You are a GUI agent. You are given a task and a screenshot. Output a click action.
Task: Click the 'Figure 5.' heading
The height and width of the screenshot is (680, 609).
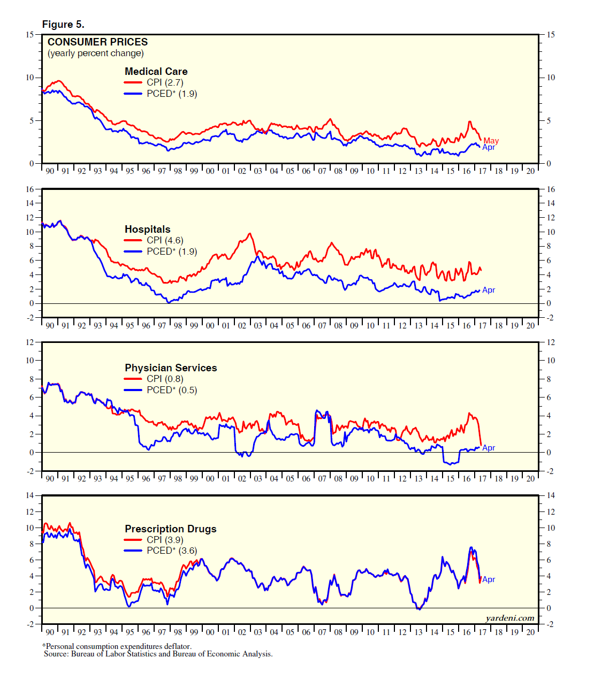[63, 25]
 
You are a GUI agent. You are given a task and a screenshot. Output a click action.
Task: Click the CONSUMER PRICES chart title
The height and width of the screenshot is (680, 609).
[97, 42]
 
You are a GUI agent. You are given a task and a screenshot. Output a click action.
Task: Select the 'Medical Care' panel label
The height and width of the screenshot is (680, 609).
[156, 71]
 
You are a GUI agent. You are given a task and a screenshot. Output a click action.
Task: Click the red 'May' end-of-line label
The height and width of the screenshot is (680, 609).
[491, 141]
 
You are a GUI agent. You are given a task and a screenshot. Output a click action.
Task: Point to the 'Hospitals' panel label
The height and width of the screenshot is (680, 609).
[147, 229]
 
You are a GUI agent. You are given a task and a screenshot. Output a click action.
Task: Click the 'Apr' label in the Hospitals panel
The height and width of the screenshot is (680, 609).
[489, 290]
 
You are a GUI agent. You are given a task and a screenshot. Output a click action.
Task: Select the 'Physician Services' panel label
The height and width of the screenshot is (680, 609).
[171, 368]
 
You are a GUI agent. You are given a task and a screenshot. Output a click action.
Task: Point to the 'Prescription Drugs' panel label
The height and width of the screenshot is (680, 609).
[171, 529]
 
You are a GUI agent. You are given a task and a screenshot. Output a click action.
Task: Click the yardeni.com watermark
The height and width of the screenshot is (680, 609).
[509, 618]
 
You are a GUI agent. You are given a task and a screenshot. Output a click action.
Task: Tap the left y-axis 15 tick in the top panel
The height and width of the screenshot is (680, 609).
[30, 35]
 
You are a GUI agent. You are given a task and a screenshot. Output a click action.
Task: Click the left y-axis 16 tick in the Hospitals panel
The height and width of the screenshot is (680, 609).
[30, 189]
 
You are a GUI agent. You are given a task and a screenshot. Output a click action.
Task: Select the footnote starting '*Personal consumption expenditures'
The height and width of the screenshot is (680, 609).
[117, 646]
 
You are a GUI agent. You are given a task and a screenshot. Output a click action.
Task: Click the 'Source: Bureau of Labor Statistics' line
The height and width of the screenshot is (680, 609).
[158, 654]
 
